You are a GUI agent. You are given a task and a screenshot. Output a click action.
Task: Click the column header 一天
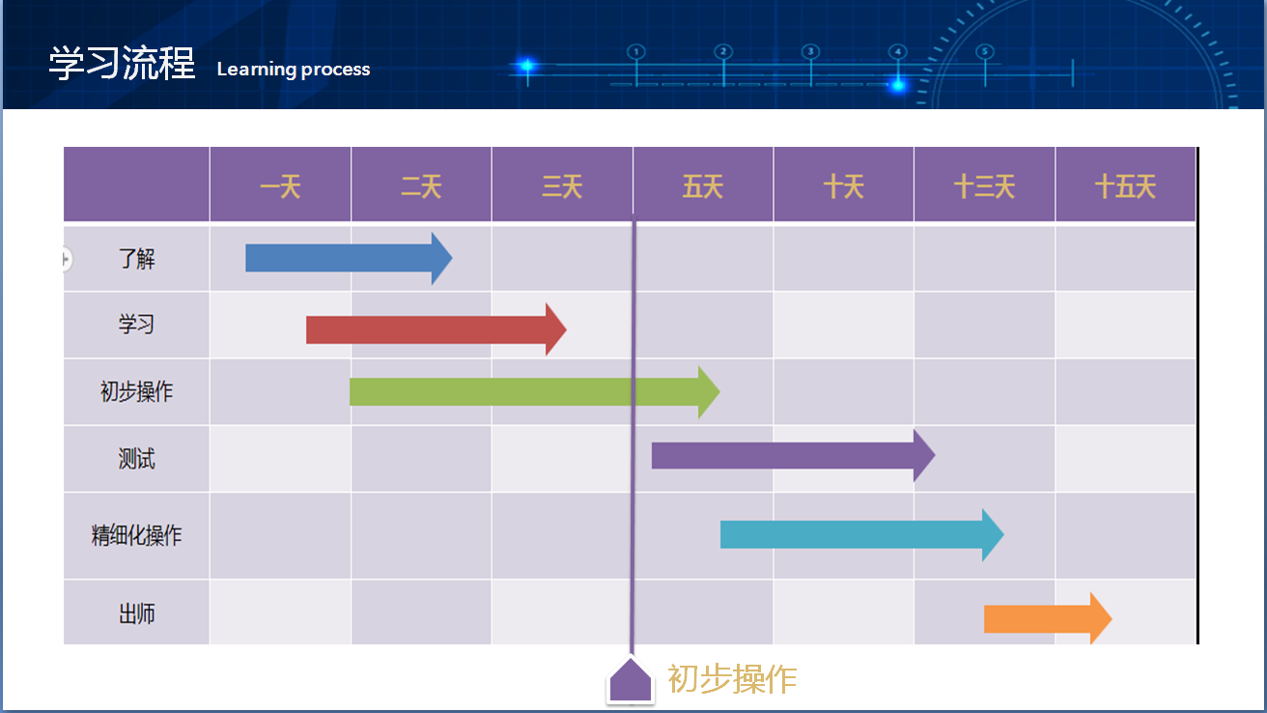[x=280, y=185]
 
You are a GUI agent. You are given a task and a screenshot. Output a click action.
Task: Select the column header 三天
[x=562, y=185]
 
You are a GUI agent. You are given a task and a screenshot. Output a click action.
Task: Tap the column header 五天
[x=703, y=185]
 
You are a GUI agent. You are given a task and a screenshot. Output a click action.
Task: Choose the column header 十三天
[x=984, y=185]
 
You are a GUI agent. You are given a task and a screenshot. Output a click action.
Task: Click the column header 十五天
[x=1125, y=185]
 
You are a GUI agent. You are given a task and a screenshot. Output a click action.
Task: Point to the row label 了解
[x=136, y=259]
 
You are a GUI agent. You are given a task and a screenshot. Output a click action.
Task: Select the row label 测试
[x=136, y=459]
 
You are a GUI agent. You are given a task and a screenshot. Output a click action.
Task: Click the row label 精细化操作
[x=136, y=535]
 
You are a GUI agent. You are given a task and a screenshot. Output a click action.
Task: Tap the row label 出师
[x=136, y=613]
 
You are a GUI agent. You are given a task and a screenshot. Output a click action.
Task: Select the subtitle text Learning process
[x=294, y=70]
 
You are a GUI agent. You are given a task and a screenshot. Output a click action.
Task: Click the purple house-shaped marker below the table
[x=630, y=680]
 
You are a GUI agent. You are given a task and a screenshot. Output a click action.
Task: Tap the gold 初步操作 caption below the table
[x=732, y=679]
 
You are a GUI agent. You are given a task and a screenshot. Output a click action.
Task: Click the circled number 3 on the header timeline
[x=810, y=51]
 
